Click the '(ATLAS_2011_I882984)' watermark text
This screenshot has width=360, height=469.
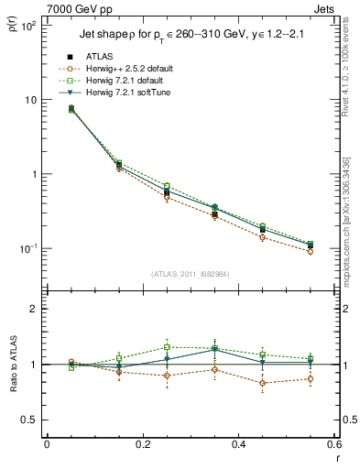coord(190,273)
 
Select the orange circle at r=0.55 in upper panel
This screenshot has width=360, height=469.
coord(311,251)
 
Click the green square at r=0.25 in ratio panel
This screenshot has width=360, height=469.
coord(167,347)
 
